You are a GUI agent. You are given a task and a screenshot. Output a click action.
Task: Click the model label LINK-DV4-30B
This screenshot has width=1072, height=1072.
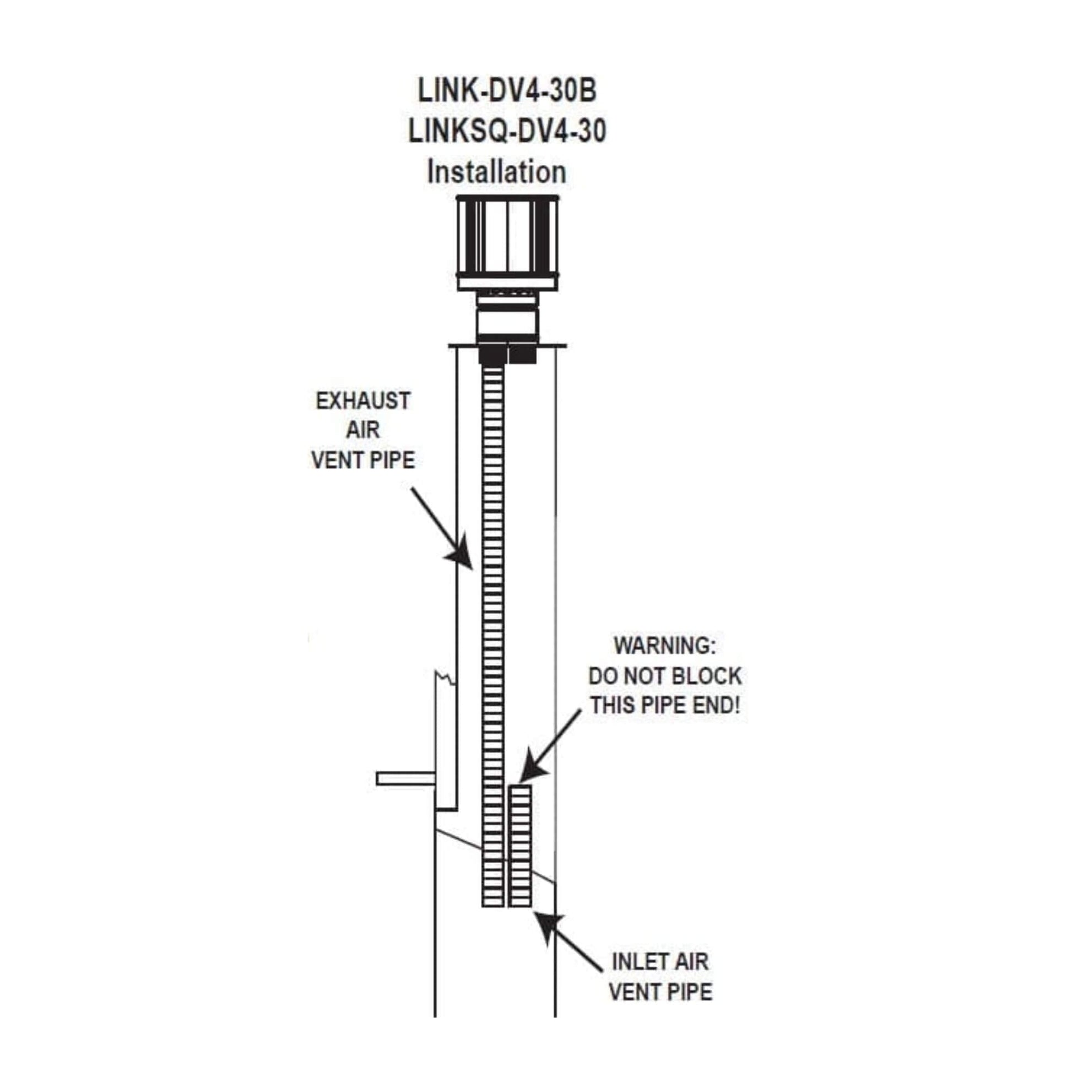[x=507, y=90]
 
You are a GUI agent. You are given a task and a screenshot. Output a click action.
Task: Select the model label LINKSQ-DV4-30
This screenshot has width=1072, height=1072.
[x=507, y=132]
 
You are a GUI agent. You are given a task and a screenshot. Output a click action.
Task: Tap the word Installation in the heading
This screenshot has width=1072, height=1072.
[x=496, y=172]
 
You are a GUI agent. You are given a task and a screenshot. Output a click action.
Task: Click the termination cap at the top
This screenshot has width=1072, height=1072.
[x=508, y=242]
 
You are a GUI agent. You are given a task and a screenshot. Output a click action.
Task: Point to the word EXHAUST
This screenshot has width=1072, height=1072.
[x=363, y=400]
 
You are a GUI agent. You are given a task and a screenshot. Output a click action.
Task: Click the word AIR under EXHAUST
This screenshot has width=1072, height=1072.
[x=363, y=430]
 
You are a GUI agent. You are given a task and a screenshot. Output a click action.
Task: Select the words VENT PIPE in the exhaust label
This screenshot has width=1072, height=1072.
[x=363, y=460]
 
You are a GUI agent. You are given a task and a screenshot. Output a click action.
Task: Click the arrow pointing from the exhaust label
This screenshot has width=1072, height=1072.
[x=442, y=528]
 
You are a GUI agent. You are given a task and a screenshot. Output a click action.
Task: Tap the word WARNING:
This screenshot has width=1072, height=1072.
[x=665, y=646]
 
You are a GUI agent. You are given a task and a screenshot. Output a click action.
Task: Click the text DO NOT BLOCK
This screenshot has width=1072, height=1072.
[x=665, y=676]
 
